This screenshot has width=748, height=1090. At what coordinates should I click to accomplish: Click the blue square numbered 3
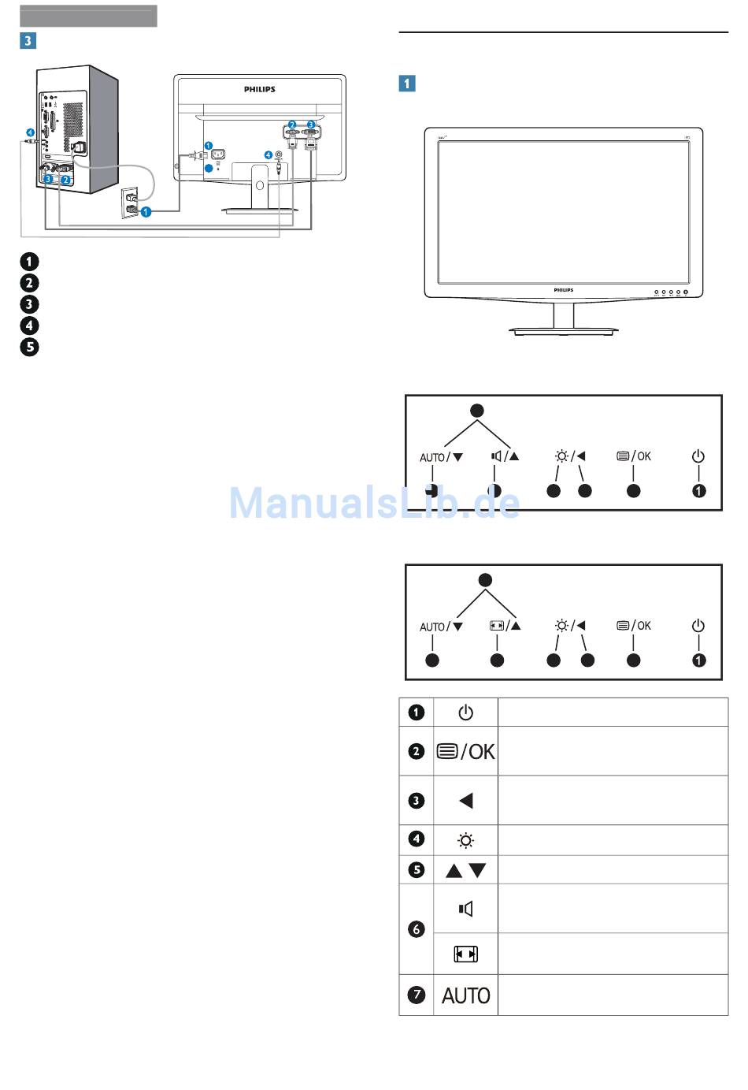[x=28, y=40]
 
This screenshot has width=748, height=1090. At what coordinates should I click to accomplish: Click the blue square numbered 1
[x=407, y=84]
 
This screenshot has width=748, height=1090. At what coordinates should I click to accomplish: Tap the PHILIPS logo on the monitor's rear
[x=260, y=89]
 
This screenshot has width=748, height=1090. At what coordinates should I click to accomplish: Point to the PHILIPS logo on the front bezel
[x=563, y=290]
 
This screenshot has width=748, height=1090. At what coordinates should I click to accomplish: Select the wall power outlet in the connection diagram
[x=130, y=203]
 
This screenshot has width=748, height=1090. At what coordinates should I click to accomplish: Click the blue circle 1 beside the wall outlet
[x=146, y=212]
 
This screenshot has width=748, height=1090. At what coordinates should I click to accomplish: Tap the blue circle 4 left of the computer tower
[x=30, y=132]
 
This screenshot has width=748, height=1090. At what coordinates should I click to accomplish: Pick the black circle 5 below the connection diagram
[x=29, y=347]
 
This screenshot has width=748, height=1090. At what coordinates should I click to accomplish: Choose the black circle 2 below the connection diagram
[x=29, y=283]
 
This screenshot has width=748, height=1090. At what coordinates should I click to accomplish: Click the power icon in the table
[x=465, y=712]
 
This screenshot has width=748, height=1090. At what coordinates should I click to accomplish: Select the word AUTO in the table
[x=465, y=995]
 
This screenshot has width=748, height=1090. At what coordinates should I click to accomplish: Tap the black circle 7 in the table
[x=416, y=995]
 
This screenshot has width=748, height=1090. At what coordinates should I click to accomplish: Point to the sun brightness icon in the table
[x=465, y=840]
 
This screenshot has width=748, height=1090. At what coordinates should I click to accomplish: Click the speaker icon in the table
[x=465, y=909]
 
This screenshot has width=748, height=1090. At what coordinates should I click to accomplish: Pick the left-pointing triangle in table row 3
[x=466, y=801]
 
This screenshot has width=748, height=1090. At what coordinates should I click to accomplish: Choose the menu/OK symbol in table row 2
[x=465, y=751]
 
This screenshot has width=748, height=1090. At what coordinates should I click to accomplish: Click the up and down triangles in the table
[x=465, y=871]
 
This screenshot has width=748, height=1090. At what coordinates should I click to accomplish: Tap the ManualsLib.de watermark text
[x=374, y=502]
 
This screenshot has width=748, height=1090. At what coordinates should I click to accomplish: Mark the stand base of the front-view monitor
[x=563, y=331]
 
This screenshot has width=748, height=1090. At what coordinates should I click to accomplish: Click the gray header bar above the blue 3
[x=88, y=16]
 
